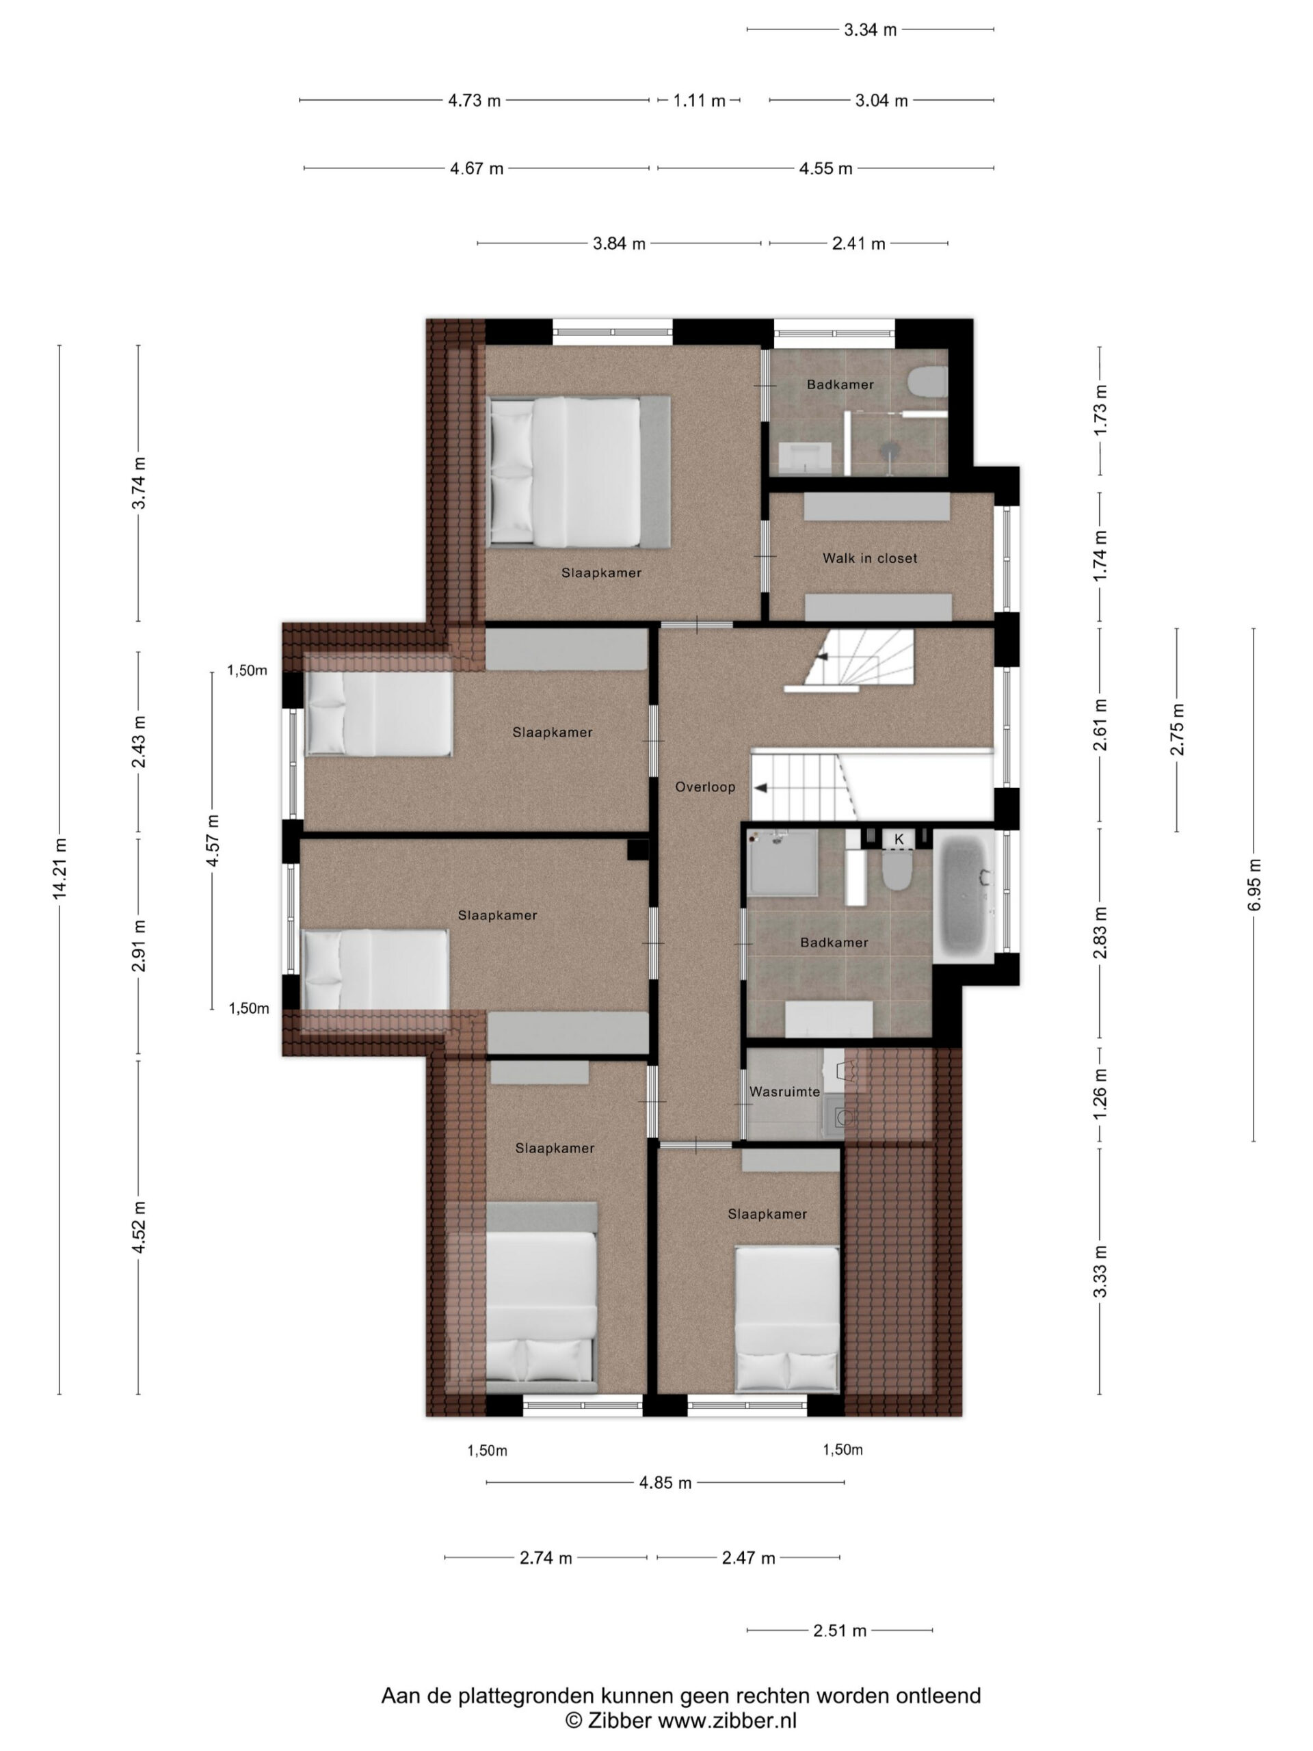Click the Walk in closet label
pyautogui.click(x=869, y=558)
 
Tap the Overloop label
pyautogui.click(x=704, y=787)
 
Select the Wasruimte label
pyautogui.click(x=784, y=1092)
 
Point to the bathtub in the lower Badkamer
pyautogui.click(x=963, y=896)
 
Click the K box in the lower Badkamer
pyautogui.click(x=899, y=839)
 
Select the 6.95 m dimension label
pyautogui.click(x=1254, y=884)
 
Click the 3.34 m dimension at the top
pyautogui.click(x=870, y=30)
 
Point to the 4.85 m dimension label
pyautogui.click(x=665, y=1483)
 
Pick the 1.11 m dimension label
pyautogui.click(x=699, y=101)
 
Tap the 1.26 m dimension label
pyautogui.click(x=1100, y=1094)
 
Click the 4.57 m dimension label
pyautogui.click(x=213, y=841)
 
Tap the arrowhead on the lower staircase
pyautogui.click(x=760, y=789)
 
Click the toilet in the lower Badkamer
pyautogui.click(x=897, y=869)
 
